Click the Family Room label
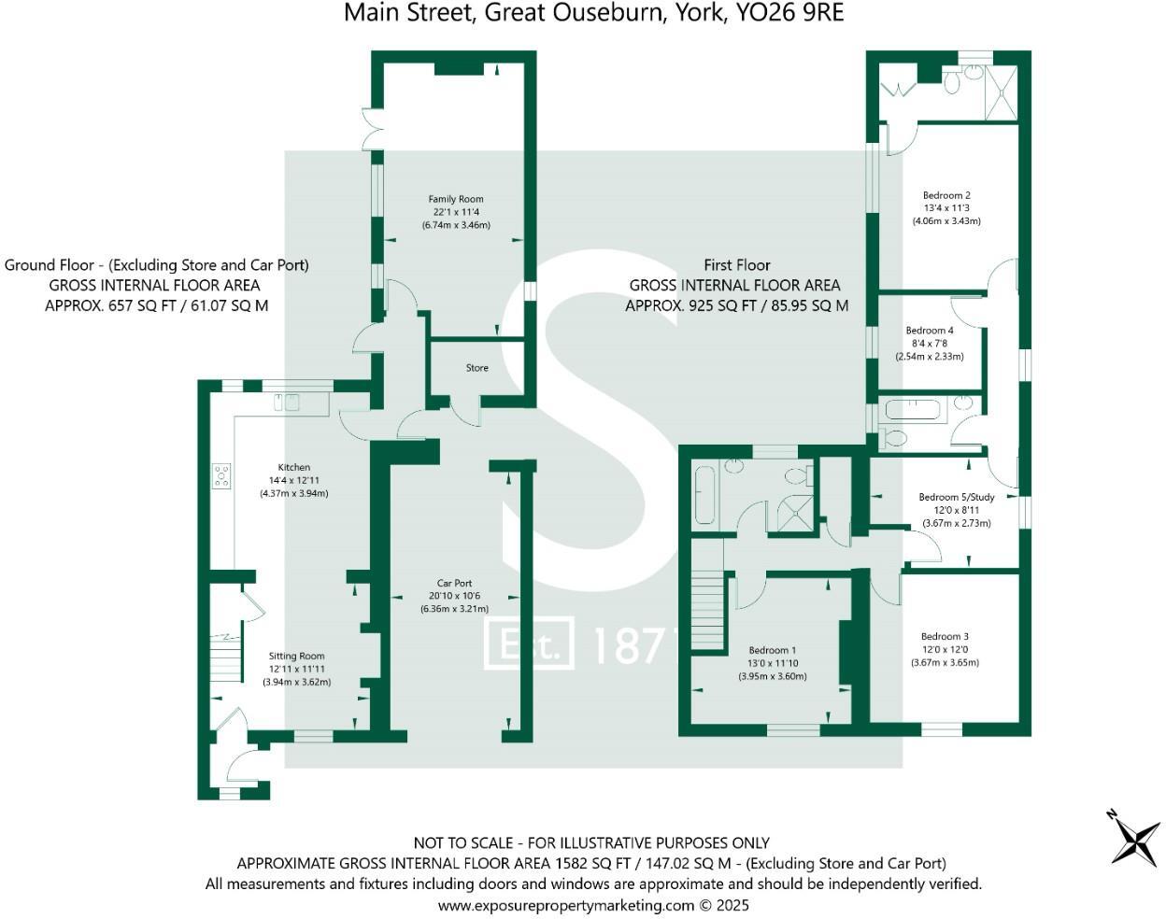(456, 199)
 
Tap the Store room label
(477, 368)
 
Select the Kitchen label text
(294, 467)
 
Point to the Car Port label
(454, 584)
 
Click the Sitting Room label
(297, 657)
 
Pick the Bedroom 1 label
(773, 651)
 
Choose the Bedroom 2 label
(946, 196)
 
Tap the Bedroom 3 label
(945, 637)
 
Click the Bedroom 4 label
(930, 331)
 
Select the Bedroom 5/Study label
(957, 498)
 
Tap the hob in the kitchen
(221, 475)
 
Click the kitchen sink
(287, 403)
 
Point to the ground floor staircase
(225, 657)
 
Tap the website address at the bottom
(566, 905)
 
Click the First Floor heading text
(737, 265)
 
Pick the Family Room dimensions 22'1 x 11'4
(456, 212)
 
